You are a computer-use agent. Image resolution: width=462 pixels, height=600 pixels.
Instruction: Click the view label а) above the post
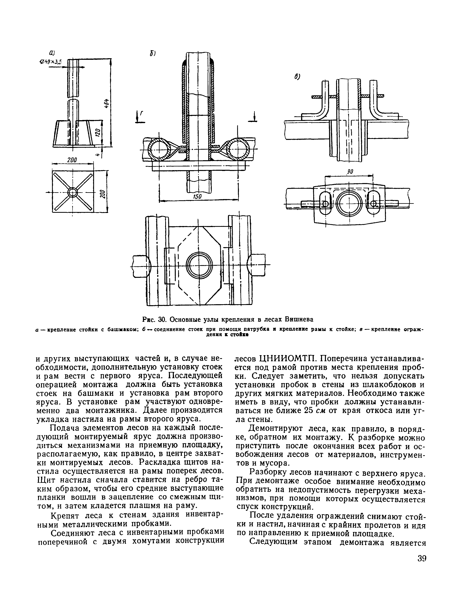(x=51, y=53)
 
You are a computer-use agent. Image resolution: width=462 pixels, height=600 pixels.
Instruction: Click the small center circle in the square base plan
(x=73, y=192)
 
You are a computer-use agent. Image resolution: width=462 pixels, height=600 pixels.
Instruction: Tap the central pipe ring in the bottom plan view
(x=200, y=265)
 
